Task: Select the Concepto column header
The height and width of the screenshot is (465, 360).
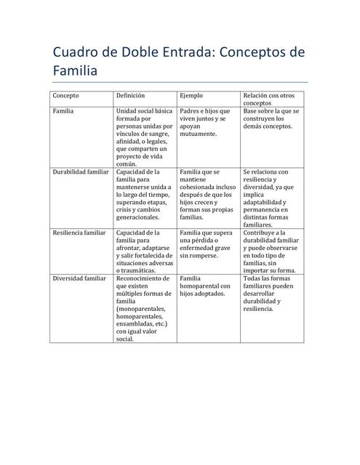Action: point(66,95)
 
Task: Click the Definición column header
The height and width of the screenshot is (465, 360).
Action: point(131,95)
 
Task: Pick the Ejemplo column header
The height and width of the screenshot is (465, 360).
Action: point(191,95)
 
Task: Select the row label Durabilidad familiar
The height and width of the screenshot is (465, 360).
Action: point(81,172)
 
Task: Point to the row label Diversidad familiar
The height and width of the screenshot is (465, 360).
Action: point(80,278)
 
